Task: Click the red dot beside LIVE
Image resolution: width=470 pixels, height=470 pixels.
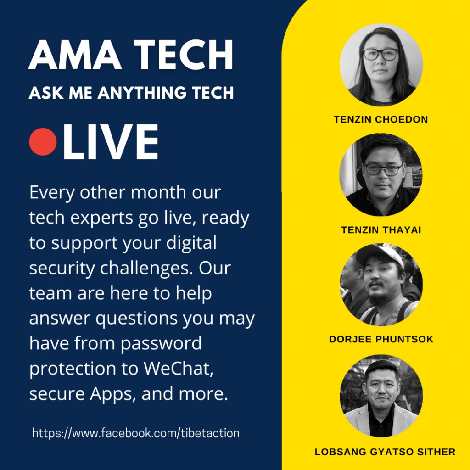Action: click(43, 142)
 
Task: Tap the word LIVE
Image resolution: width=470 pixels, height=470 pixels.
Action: click(110, 142)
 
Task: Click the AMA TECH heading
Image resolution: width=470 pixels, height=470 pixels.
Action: click(131, 55)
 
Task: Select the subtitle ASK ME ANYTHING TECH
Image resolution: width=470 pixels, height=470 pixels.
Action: click(131, 92)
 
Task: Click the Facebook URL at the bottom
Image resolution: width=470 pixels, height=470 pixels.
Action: click(136, 433)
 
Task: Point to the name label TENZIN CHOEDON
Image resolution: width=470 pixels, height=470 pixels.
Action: click(380, 119)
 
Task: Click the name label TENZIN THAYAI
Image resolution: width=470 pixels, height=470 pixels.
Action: click(381, 230)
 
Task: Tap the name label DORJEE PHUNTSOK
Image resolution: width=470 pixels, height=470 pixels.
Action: click(381, 339)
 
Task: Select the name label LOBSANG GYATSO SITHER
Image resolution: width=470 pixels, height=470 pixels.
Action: click(385, 452)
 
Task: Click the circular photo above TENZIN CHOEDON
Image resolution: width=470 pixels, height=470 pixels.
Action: click(381, 64)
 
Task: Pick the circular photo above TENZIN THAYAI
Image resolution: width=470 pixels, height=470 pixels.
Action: click(381, 175)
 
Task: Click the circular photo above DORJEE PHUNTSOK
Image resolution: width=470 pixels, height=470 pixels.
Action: click(381, 285)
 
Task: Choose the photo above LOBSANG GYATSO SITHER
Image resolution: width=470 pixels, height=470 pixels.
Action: click(381, 396)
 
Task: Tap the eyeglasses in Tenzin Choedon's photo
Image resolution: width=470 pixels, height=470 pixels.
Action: click(380, 54)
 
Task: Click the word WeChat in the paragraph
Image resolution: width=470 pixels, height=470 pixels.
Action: click(178, 368)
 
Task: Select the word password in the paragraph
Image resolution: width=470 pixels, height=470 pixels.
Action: click(161, 343)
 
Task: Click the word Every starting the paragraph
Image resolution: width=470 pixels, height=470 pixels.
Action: click(52, 193)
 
